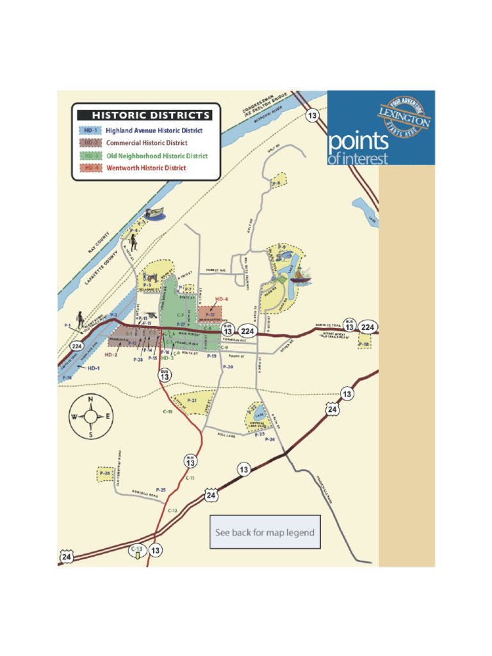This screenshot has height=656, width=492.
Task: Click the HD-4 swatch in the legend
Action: pos(92,168)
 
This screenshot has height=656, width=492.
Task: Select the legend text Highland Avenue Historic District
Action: pos(154,131)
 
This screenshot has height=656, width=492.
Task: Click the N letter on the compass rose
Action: pos(90,400)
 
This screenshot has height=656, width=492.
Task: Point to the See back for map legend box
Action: pos(265,532)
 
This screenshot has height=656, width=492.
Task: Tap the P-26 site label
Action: pos(104,474)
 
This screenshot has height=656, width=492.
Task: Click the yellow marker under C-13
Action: pos(137,556)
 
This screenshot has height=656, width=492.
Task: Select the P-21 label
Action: pos(192,400)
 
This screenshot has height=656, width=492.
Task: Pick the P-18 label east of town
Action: pos(364,345)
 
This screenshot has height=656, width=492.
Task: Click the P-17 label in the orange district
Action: pos(210,315)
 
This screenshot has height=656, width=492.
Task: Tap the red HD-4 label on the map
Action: pos(221,299)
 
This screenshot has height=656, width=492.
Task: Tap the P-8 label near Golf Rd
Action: pos(276,184)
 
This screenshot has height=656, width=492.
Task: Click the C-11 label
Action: pos(190,479)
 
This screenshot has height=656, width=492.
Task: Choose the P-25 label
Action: pos(160,490)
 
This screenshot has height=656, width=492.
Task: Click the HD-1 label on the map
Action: pos(94,368)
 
